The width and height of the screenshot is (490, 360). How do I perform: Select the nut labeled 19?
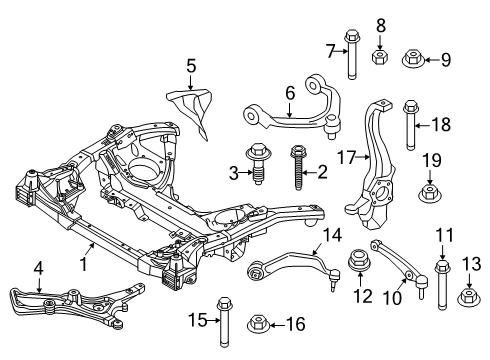point(428,192)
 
